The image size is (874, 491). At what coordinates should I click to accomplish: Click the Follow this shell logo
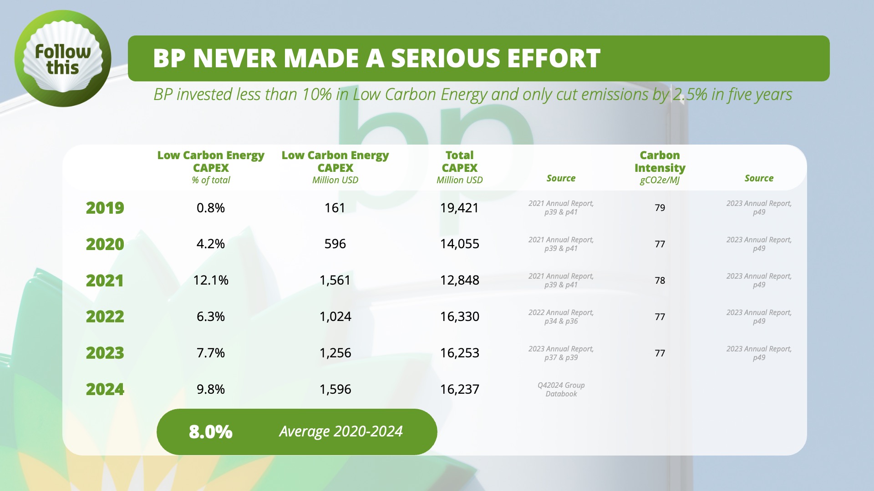pyautogui.click(x=63, y=59)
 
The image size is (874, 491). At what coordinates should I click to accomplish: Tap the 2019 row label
pyautogui.click(x=105, y=208)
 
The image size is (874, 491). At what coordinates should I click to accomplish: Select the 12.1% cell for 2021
pyautogui.click(x=211, y=280)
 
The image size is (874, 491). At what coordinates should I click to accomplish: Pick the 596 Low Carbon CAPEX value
pyautogui.click(x=335, y=244)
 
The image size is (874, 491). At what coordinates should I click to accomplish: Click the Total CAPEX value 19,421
pyautogui.click(x=459, y=208)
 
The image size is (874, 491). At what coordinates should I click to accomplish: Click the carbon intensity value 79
pyautogui.click(x=660, y=208)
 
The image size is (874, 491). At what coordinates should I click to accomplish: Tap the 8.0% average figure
pyautogui.click(x=211, y=431)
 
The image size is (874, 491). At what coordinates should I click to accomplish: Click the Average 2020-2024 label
pyautogui.click(x=341, y=431)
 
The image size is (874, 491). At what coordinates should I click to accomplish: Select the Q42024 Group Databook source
pyautogui.click(x=561, y=390)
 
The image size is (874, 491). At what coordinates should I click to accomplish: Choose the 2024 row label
pyautogui.click(x=105, y=389)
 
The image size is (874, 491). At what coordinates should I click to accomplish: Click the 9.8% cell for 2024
pyautogui.click(x=211, y=389)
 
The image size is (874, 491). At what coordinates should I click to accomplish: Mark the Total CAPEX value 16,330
pyautogui.click(x=459, y=316)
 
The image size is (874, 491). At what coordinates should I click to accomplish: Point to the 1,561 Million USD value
pyautogui.click(x=335, y=280)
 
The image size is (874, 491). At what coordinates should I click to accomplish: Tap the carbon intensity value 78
pyautogui.click(x=660, y=281)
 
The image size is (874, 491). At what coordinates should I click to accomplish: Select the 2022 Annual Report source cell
pyautogui.click(x=561, y=317)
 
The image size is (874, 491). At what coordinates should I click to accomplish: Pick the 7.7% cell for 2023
pyautogui.click(x=211, y=353)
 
